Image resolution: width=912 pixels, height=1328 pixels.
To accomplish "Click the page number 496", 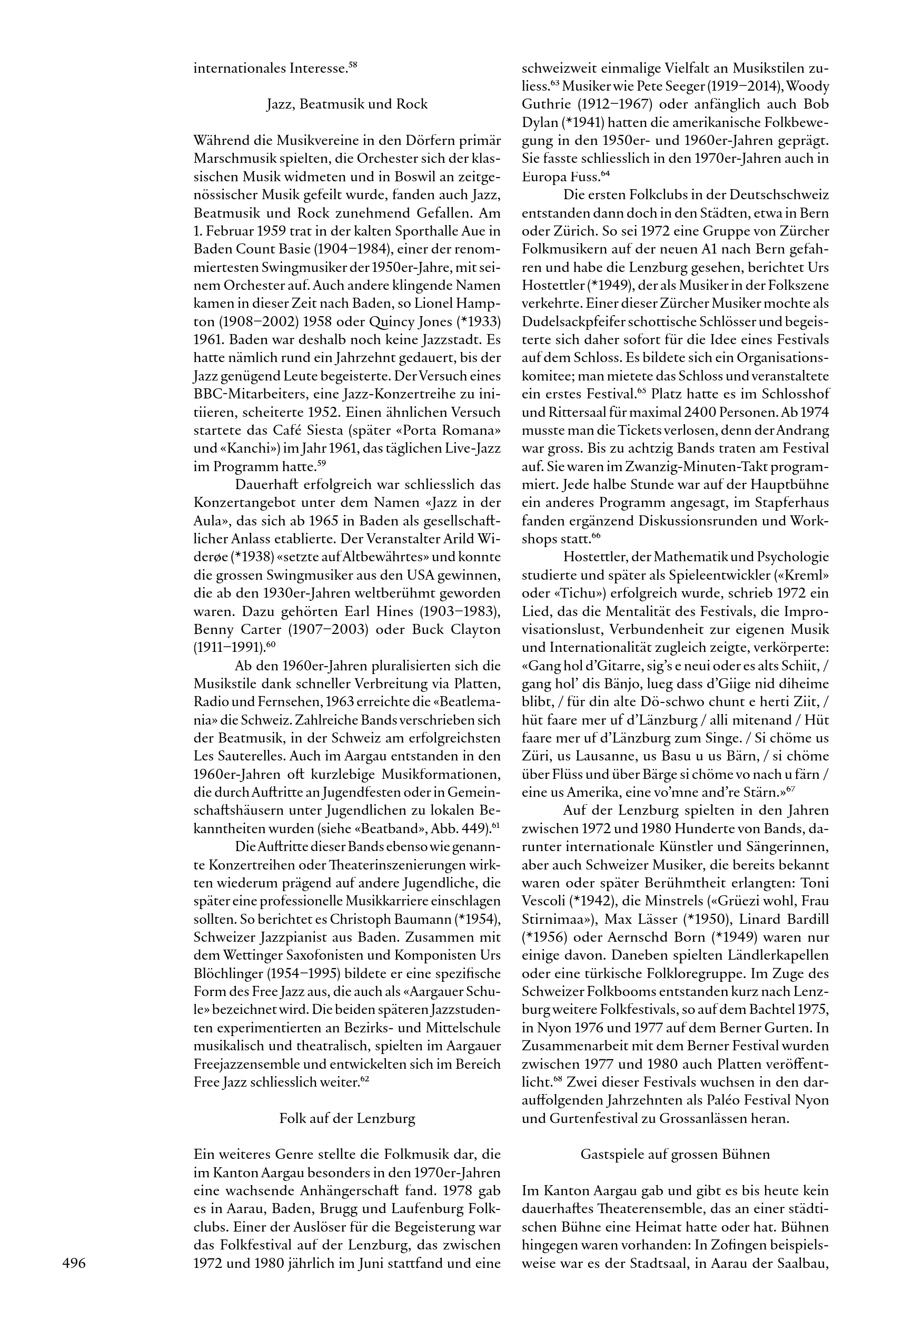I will [74, 1263].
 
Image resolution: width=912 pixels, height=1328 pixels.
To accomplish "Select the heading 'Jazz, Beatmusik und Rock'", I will [347, 104].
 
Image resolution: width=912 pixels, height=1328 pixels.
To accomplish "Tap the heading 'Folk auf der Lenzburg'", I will [347, 1118].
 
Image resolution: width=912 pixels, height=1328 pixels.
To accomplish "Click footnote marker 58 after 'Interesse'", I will [353, 65].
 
